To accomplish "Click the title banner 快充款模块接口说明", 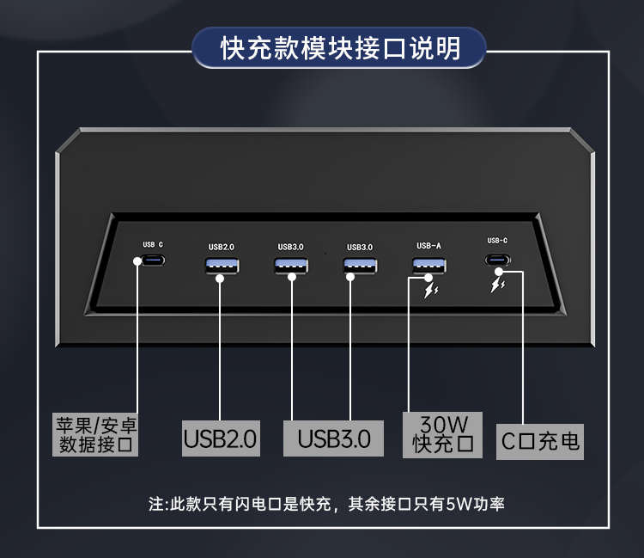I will pyautogui.click(x=339, y=47).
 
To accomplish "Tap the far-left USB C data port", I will pyautogui.click(x=155, y=261).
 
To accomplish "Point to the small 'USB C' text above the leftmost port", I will pyautogui.click(x=153, y=245).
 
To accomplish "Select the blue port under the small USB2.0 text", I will pyautogui.click(x=221, y=266).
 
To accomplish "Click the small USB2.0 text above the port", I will pyautogui.click(x=221, y=247).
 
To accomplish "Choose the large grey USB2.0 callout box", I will pyautogui.click(x=221, y=438).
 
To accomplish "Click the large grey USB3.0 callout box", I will pyautogui.click(x=334, y=438).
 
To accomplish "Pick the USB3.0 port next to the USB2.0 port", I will pyautogui.click(x=290, y=266).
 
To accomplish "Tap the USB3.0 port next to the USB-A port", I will pyautogui.click(x=359, y=266).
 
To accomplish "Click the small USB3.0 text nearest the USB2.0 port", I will pyautogui.click(x=290, y=247).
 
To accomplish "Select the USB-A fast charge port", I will pyautogui.click(x=428, y=265).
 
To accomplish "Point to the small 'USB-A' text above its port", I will pyautogui.click(x=428, y=246).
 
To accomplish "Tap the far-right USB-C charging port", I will pyautogui.click(x=497, y=260).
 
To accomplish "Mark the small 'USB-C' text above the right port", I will pyautogui.click(x=497, y=241).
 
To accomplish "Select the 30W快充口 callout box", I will pyautogui.click(x=442, y=434).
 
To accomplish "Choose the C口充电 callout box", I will pyautogui.click(x=540, y=442).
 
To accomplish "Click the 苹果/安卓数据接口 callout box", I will pyautogui.click(x=96, y=435).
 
